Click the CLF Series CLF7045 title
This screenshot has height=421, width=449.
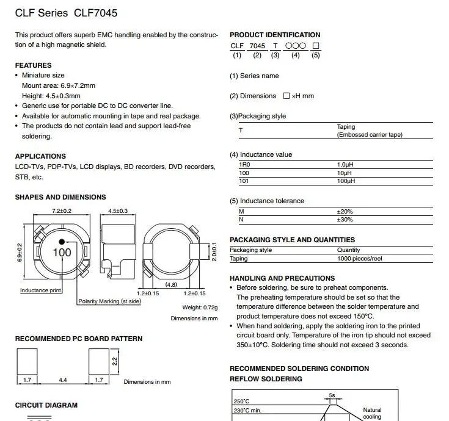click(x=66, y=12)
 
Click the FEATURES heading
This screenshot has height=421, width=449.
click(x=33, y=65)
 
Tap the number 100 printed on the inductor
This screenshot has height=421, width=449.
click(x=62, y=252)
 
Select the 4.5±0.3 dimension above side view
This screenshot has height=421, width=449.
click(x=118, y=211)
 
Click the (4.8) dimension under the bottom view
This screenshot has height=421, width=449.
click(x=170, y=284)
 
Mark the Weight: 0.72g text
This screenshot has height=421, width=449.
click(x=200, y=307)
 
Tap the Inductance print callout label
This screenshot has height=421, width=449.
click(x=41, y=290)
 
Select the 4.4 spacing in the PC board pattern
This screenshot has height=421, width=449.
click(x=63, y=380)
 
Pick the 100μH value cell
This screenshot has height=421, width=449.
click(x=346, y=181)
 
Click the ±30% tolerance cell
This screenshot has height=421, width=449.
click(x=345, y=220)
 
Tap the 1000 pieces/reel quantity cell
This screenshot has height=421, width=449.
click(x=359, y=259)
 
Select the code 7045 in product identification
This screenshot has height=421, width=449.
click(x=258, y=46)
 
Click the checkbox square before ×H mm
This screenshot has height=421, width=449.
click(x=287, y=96)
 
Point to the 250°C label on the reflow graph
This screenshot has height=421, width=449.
click(x=241, y=401)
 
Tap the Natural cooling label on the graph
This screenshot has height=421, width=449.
click(x=372, y=413)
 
